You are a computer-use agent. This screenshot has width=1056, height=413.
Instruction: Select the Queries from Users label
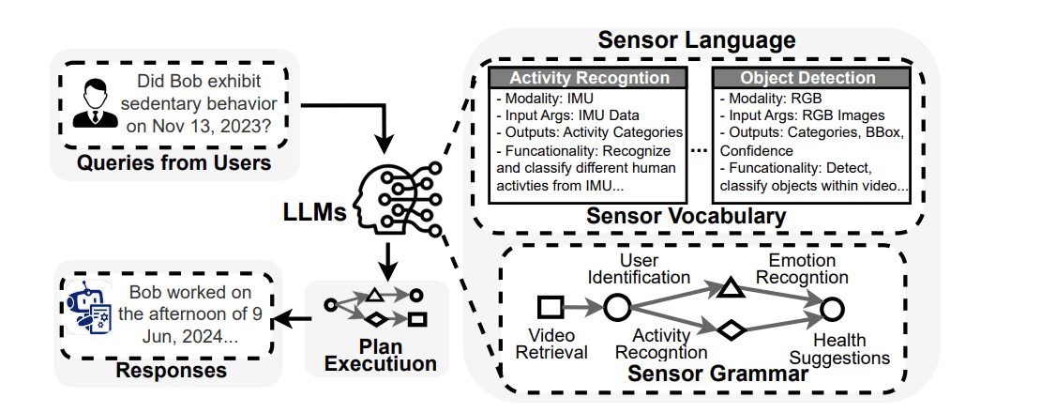click(173, 163)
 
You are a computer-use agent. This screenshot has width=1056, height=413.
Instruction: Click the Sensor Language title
click(697, 40)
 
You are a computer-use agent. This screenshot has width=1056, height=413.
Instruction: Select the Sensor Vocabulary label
click(686, 216)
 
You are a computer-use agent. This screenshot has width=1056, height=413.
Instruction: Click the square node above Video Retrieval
click(549, 306)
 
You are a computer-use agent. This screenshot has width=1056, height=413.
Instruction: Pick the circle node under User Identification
click(616, 306)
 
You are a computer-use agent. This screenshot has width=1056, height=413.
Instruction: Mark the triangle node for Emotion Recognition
click(732, 286)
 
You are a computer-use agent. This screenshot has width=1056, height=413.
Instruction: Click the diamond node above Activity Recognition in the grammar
click(731, 329)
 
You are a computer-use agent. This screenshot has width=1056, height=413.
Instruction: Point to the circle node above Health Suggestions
click(829, 307)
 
